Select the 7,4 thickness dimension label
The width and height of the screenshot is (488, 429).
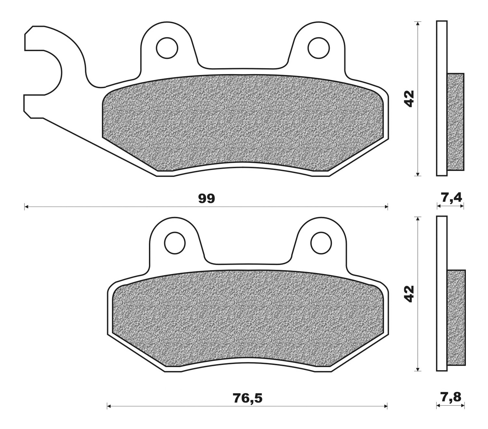[451, 197]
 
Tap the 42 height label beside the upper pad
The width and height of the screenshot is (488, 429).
[409, 98]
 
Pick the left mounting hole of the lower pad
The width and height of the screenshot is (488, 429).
[175, 243]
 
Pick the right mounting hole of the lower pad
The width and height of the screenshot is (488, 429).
[321, 243]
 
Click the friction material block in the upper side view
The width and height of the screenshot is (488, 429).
[455, 122]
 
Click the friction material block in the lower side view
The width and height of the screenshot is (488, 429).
[456, 318]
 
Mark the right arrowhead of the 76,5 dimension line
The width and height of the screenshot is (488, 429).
[386, 406]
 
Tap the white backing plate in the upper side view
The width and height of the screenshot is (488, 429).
[441, 97]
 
